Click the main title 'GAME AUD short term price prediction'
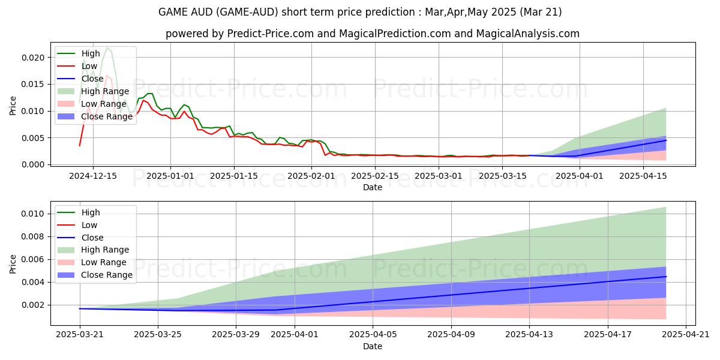pos(360,11)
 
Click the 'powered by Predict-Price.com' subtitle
pos(373,34)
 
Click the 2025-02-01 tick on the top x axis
pos(311,175)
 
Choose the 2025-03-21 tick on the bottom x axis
pos(80,334)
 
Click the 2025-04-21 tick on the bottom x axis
pos(686,334)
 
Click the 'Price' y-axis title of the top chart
pos(13,106)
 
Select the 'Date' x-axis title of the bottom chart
pos(373,346)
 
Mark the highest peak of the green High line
pos(107,47)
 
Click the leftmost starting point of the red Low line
pos(80,146)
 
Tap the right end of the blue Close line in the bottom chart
pos(666,277)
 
